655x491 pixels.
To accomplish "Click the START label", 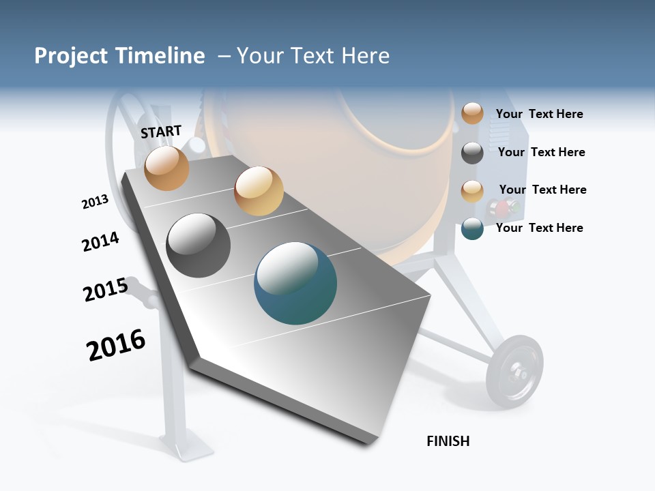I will pos(161,132).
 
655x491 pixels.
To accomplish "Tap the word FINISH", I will pos(448,441).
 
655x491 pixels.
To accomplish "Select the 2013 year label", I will pos(95,202).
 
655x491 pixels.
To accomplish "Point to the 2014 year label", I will pos(100,242).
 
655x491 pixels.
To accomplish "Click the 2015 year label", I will pos(106,290).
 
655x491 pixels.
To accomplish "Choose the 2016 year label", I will pos(116,345).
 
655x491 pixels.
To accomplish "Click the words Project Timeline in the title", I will pos(119,56).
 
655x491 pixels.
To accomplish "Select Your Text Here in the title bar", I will pos(313,56).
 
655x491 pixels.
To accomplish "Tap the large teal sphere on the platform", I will pos(295,283).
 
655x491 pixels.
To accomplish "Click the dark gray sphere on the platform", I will pos(199,245).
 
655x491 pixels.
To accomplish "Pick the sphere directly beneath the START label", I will pos(167,168).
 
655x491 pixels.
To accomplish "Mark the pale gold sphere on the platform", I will pos(259,191).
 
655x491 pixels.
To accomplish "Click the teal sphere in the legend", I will pos(472,228).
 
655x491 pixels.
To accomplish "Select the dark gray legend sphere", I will pos(472,153).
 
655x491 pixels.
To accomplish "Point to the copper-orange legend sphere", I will pos(472,113).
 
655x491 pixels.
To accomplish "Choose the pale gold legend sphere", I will pos(472,191).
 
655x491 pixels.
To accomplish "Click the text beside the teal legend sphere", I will pos(540,228).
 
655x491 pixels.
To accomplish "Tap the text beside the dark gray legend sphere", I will pos(542,152).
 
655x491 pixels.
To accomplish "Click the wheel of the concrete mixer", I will pos(515,372).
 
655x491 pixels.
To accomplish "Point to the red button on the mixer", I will pos(503,207).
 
